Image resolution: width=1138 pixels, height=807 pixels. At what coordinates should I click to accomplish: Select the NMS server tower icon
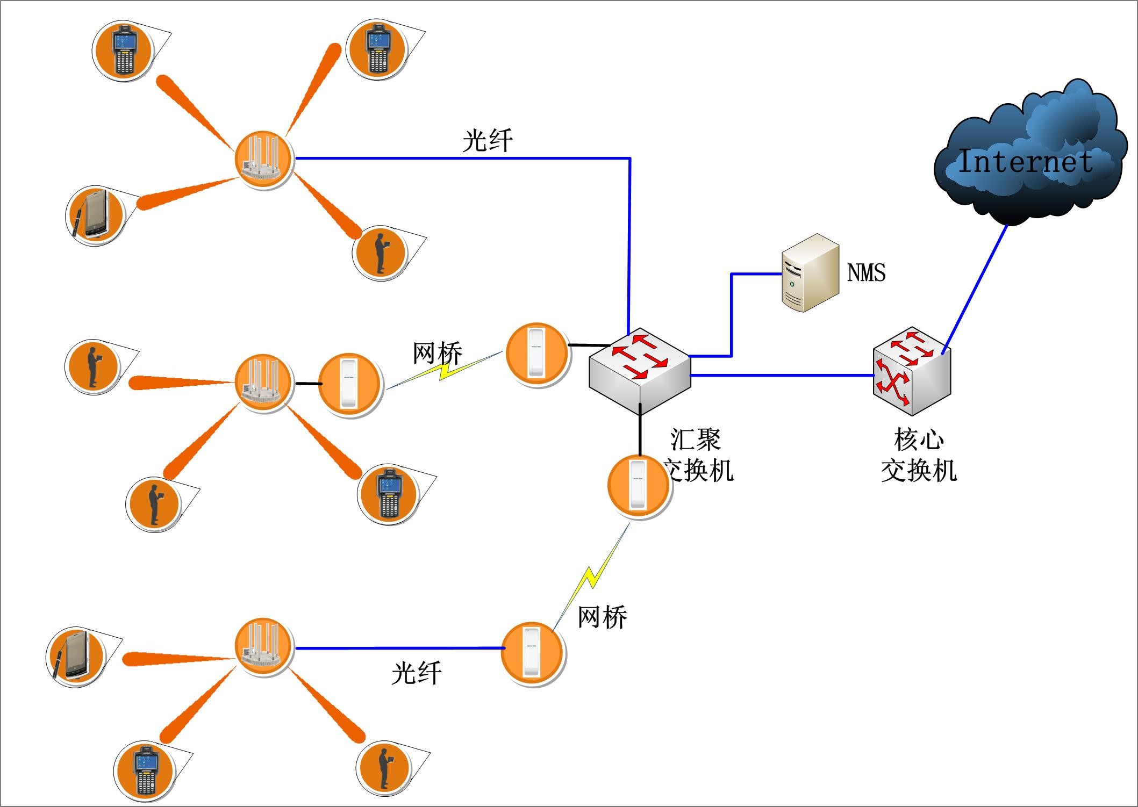(x=810, y=272)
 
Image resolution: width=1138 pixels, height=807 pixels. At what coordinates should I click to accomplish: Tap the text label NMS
(x=866, y=272)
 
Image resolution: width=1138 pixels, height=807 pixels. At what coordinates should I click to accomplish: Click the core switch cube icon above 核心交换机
(x=912, y=371)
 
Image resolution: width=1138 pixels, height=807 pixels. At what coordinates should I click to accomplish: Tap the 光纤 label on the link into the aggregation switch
(x=488, y=141)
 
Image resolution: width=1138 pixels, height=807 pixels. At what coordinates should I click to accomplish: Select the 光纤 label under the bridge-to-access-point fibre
(x=417, y=673)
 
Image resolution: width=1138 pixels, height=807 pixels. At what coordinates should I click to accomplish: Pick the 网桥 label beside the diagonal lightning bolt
(x=602, y=617)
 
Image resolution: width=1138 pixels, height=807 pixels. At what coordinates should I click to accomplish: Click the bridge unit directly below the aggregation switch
(x=638, y=485)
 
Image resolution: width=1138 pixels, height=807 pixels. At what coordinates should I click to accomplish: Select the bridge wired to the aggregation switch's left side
(x=537, y=353)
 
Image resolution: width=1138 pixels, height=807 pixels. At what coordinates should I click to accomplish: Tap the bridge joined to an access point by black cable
(x=349, y=384)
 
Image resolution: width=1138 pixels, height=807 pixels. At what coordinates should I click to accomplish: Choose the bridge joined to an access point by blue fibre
(x=532, y=652)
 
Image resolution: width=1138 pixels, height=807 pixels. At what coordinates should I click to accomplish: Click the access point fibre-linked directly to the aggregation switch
(x=263, y=159)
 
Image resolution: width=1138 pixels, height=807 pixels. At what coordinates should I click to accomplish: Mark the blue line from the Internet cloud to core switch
(x=974, y=290)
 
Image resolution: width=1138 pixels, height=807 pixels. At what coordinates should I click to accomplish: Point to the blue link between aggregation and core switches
(x=779, y=375)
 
